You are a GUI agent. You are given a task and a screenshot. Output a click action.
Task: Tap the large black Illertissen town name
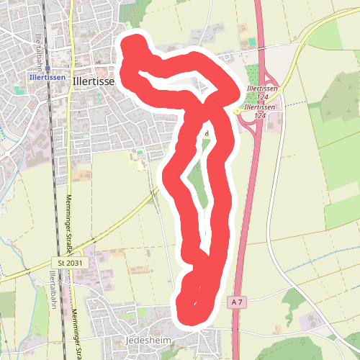(93, 82)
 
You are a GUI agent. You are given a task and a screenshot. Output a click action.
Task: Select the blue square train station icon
(47, 69)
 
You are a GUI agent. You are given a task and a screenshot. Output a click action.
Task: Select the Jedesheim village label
(125, 339)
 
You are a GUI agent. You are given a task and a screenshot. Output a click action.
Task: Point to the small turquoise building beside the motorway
(251, 43)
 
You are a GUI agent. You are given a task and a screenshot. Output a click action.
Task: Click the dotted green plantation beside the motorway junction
(253, 76)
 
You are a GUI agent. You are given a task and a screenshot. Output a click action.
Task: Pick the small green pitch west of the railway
(18, 89)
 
